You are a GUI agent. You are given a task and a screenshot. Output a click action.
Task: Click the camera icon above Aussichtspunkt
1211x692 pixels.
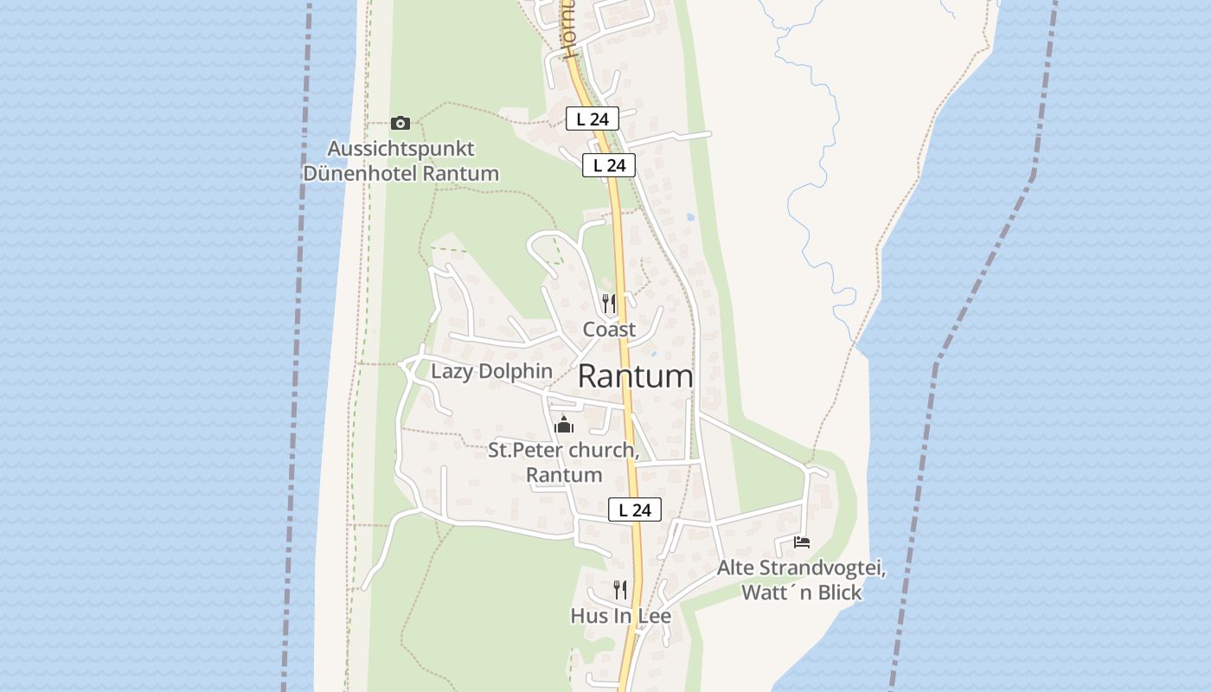(x=400, y=124)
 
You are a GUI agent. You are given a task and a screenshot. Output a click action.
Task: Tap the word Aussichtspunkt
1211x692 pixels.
(x=400, y=149)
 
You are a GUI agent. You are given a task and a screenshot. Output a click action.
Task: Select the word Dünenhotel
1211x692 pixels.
(x=360, y=174)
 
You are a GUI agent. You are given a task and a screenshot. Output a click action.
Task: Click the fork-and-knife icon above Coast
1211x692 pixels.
(x=609, y=303)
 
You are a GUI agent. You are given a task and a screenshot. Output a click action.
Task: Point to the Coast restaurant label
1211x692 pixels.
(x=609, y=330)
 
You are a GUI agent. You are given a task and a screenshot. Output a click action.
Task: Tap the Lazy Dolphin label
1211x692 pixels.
(x=491, y=372)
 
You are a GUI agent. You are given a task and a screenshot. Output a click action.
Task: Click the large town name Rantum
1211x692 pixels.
(x=635, y=377)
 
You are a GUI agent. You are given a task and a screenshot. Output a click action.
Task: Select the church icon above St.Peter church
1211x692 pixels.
(x=564, y=425)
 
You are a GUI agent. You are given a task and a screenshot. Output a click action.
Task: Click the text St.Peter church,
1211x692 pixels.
(x=563, y=451)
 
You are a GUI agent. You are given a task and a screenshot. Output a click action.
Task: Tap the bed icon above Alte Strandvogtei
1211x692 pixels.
(x=802, y=542)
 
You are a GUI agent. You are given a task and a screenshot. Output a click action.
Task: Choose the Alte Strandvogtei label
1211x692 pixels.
(x=801, y=568)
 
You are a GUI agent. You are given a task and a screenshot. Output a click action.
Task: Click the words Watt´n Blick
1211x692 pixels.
(x=801, y=593)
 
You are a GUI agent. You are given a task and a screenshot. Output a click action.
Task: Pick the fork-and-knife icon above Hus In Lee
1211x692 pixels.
(x=620, y=590)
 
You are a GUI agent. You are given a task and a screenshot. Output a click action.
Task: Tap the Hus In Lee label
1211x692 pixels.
(x=620, y=617)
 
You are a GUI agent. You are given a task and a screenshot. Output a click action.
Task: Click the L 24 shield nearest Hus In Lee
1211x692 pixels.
(x=635, y=510)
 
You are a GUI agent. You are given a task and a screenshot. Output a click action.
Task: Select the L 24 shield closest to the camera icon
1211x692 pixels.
(x=593, y=119)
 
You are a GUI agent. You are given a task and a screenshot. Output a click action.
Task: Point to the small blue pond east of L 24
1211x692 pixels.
(x=689, y=216)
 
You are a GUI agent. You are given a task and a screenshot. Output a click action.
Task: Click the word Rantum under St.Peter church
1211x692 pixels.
(x=564, y=475)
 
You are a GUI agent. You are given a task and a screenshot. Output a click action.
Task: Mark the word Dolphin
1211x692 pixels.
(x=519, y=372)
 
